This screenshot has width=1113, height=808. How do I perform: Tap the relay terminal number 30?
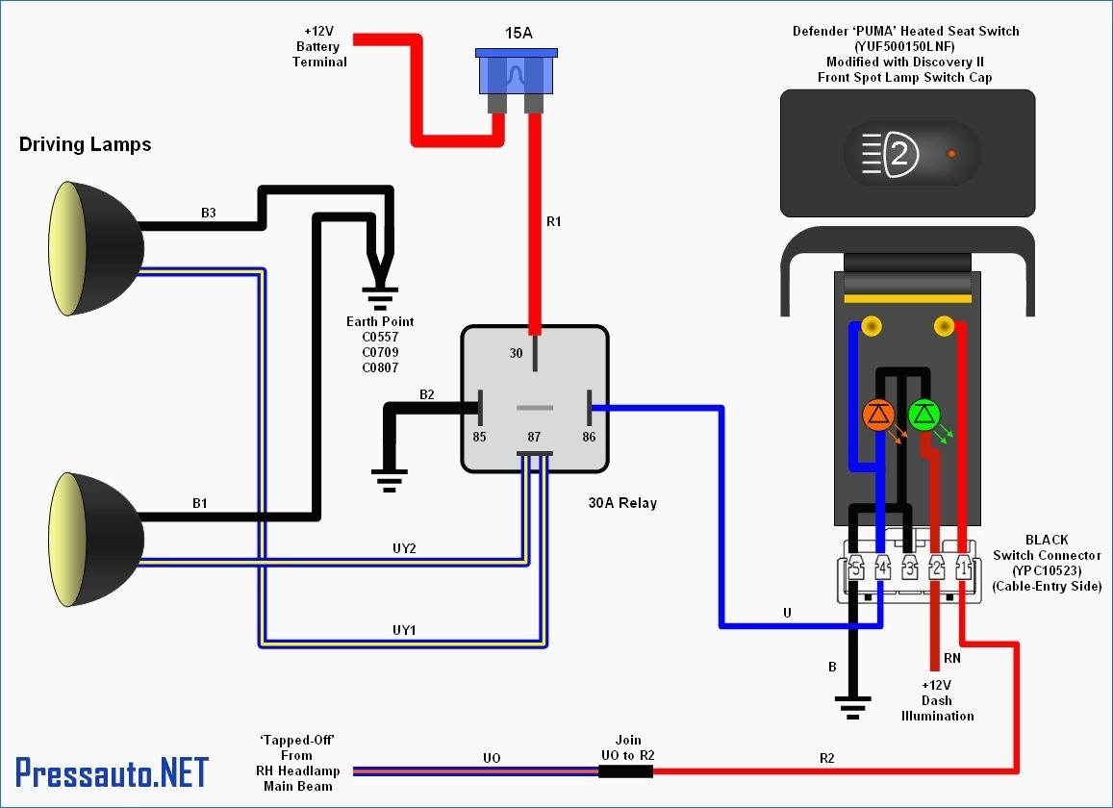(517, 353)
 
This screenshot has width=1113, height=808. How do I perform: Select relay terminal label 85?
(479, 437)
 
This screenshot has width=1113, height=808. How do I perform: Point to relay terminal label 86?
(589, 437)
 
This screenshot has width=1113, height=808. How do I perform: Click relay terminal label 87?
(534, 437)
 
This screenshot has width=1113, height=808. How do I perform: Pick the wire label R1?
(553, 222)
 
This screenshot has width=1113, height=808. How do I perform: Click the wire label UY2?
(404, 547)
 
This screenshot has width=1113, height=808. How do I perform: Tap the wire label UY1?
(404, 630)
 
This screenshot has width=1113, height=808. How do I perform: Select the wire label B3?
(209, 213)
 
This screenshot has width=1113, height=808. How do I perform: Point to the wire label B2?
(426, 394)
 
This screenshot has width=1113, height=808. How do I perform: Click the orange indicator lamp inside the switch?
(877, 415)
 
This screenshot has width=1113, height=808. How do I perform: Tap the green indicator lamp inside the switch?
(923, 415)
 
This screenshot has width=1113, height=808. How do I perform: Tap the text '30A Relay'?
(622, 503)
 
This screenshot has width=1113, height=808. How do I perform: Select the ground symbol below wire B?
(851, 706)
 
